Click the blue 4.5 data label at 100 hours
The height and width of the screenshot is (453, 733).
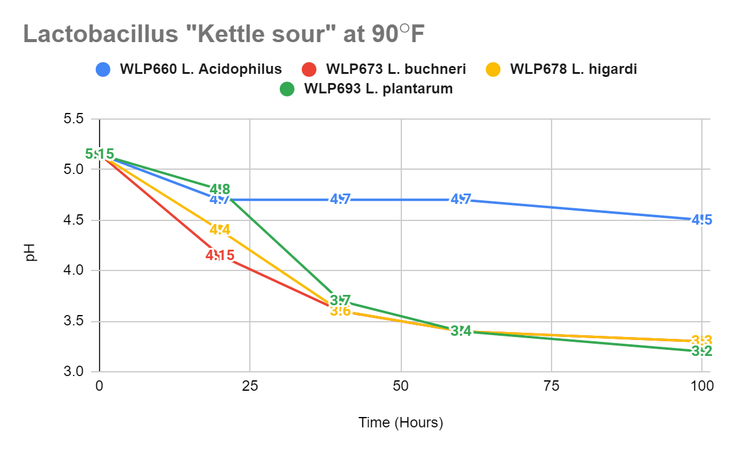tap(702, 220)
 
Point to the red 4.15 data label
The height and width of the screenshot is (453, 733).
tap(220, 255)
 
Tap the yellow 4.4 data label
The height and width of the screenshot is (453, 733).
tap(220, 230)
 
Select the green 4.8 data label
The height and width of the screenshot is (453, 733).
tap(220, 189)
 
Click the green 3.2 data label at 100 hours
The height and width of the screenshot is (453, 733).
tap(702, 351)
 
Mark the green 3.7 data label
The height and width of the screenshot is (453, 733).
tap(340, 300)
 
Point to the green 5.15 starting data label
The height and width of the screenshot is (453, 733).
tap(100, 154)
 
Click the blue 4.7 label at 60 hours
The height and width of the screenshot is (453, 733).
tap(461, 199)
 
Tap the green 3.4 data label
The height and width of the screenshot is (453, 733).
tap(461, 331)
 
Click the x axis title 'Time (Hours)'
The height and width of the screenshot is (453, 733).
tap(400, 422)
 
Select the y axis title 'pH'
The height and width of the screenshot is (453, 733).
tap(31, 252)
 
